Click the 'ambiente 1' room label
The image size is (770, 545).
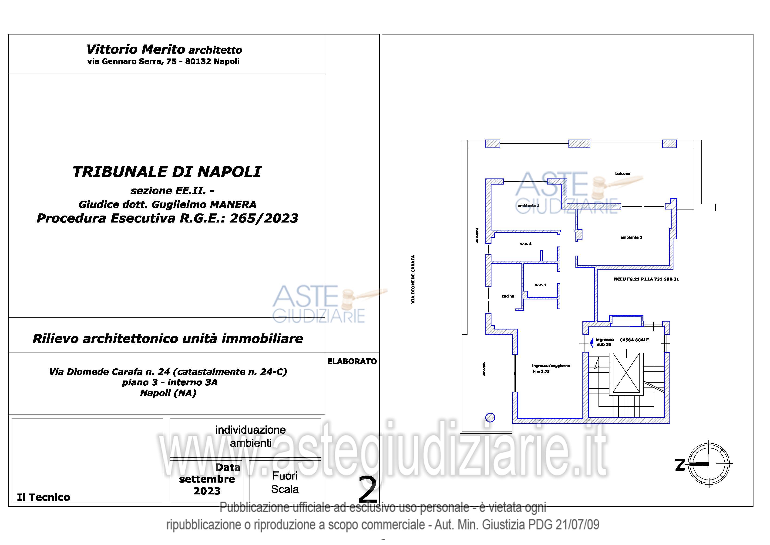(x=528, y=206)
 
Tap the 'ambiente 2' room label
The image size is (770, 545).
(x=631, y=237)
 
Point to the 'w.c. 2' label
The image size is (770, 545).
(x=541, y=285)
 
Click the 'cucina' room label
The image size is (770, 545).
(x=508, y=296)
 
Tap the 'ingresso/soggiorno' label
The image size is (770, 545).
(x=551, y=366)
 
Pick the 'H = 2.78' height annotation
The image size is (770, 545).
(x=541, y=372)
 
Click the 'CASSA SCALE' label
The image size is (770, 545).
(x=634, y=340)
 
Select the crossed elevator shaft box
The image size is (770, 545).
(x=626, y=373)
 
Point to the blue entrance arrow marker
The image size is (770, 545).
(x=592, y=343)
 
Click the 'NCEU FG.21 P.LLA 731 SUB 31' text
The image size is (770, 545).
(x=646, y=279)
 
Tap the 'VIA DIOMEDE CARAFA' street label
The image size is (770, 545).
(x=413, y=279)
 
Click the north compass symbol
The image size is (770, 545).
(x=708, y=464)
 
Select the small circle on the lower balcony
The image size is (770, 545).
(x=490, y=418)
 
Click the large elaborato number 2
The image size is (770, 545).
(x=368, y=490)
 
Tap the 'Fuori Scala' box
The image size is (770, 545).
(x=285, y=482)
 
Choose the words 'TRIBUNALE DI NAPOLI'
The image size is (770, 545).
(x=167, y=172)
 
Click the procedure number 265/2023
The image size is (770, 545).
(x=264, y=218)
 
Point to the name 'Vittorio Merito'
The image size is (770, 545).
(x=136, y=49)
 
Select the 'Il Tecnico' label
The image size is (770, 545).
(x=44, y=497)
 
